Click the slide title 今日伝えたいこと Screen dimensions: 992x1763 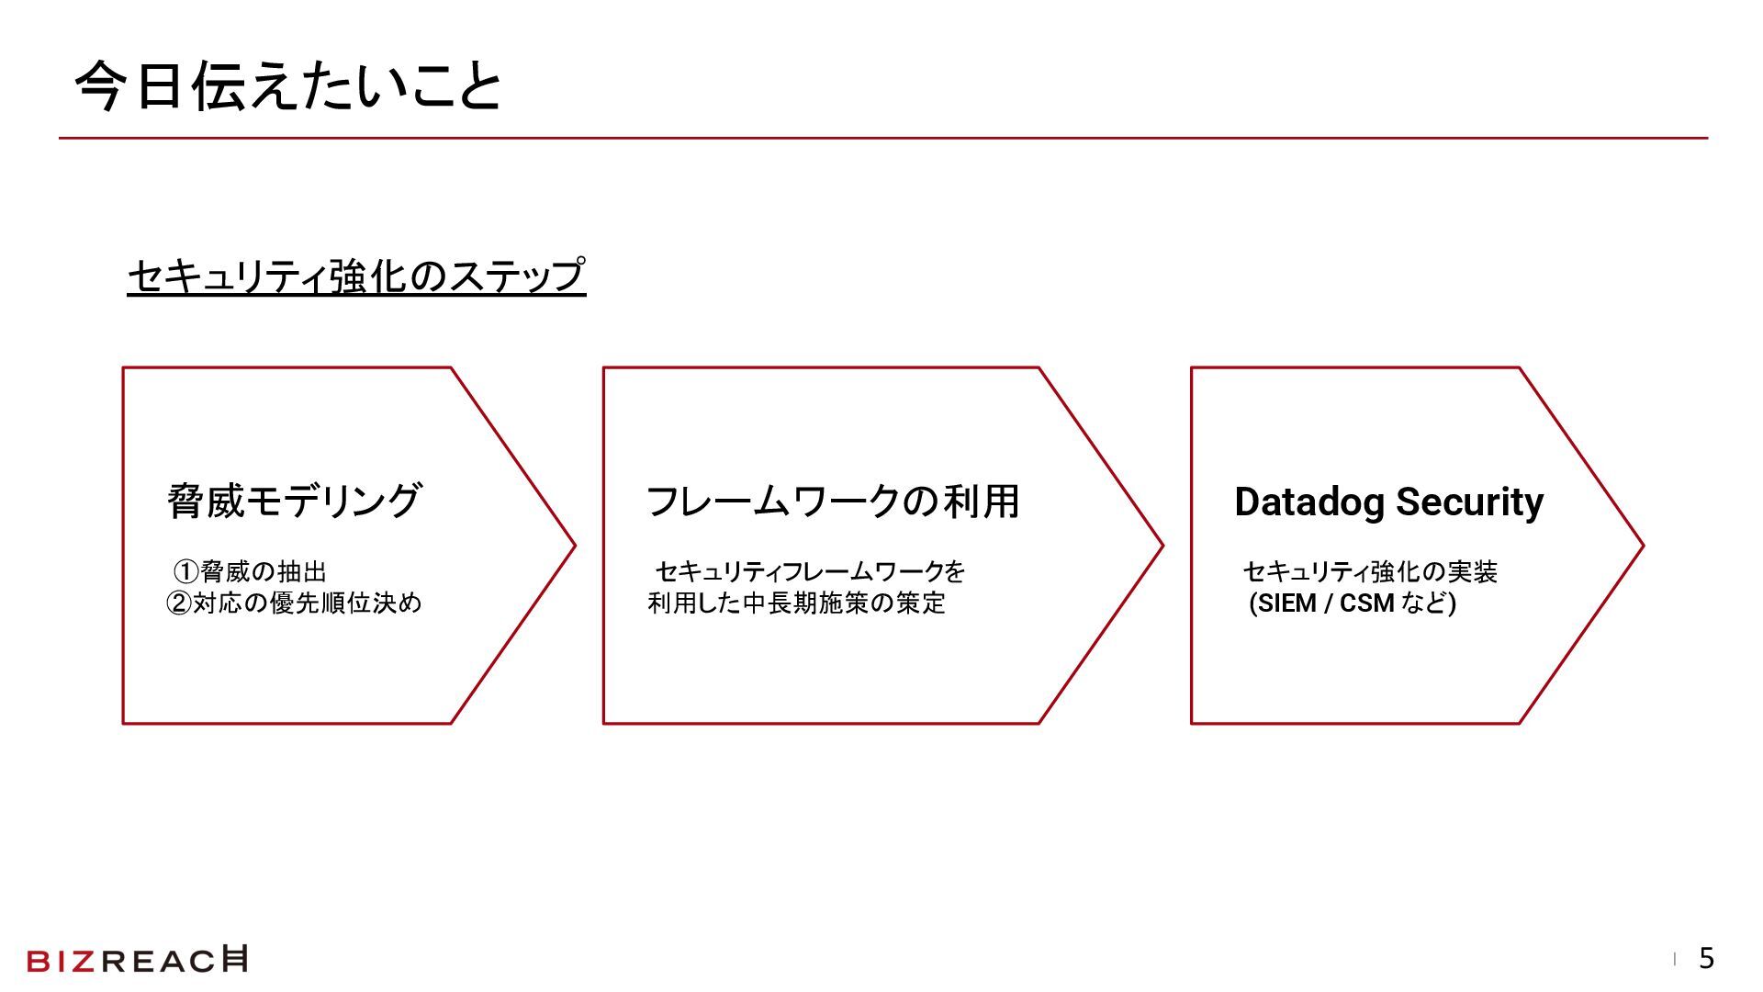tap(288, 87)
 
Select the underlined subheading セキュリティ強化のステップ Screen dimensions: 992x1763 tap(356, 276)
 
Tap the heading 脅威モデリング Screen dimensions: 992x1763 tap(294, 502)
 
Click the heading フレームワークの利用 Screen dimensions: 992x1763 tap(833, 502)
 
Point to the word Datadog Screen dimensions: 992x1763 tap(1309, 502)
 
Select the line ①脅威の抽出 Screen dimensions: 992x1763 tap(251, 572)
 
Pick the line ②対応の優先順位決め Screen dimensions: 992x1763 tap(294, 603)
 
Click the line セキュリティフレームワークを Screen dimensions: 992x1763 tap(810, 572)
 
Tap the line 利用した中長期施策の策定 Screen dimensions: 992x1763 tap(796, 603)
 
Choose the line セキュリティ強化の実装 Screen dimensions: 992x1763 tap(1370, 572)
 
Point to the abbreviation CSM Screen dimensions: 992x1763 tap(1367, 603)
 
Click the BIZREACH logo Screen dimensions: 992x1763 tap(137, 960)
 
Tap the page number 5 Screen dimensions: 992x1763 tap(1706, 959)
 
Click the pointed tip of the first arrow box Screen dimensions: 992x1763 tap(573, 546)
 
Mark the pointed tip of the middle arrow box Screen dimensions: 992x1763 tap(1162, 546)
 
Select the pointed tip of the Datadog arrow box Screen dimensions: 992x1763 tap(1642, 546)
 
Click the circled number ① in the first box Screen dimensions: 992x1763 tap(186, 572)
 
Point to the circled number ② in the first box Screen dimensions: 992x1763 tap(178, 603)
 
